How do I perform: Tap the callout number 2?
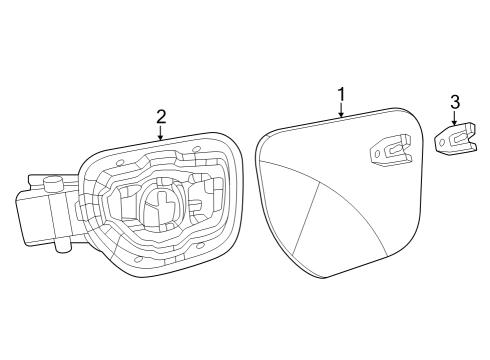pos(161,117)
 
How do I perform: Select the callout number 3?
pos(455,102)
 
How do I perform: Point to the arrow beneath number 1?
pos(341,113)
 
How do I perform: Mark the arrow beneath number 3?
pos(455,121)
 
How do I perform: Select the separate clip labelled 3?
pos(457,139)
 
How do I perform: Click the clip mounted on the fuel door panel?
pos(390,151)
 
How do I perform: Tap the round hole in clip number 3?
pos(443,143)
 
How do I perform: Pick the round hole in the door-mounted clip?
pos(376,153)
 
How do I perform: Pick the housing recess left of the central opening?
pos(124,206)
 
